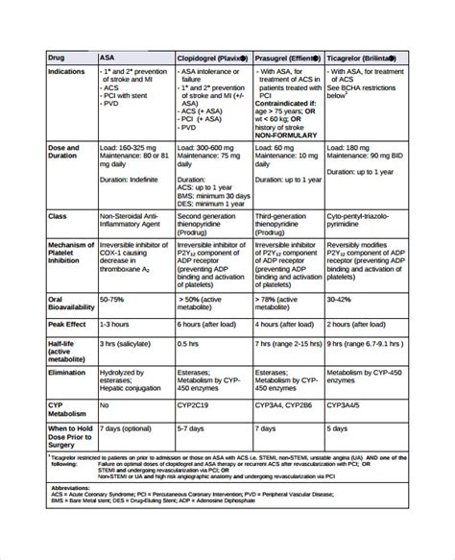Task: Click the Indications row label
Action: (67, 70)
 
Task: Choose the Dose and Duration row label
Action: (64, 153)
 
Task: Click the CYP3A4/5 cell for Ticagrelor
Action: (347, 405)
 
